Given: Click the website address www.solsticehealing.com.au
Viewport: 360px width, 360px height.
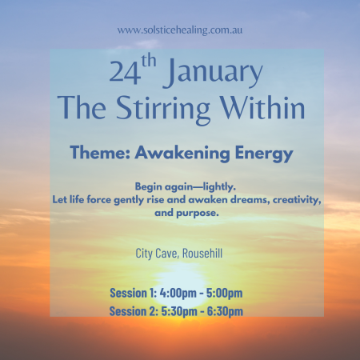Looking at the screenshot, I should coord(179,30).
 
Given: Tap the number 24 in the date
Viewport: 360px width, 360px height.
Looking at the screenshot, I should coord(124,73).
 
